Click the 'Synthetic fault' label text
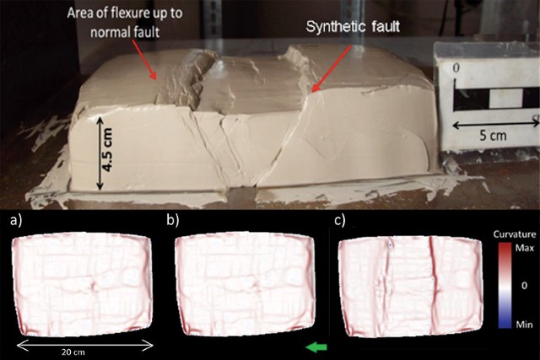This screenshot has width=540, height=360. point(353,26)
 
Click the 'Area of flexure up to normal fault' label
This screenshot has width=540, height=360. point(125,23)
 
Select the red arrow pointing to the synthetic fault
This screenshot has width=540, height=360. point(331,68)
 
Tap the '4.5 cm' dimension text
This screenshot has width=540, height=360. point(108,150)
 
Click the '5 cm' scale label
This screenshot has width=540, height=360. point(493,136)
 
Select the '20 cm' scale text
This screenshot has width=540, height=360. point(73,352)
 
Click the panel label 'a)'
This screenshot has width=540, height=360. point(16,220)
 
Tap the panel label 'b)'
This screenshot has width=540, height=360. point(172,220)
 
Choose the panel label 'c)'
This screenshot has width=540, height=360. point(339,220)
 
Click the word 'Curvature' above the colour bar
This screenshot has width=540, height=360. point(515,234)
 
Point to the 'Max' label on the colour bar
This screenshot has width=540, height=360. point(525,248)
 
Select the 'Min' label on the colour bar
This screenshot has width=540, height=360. point(524,325)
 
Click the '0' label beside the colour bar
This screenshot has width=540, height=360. point(524,285)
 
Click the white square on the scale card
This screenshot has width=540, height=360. point(506,98)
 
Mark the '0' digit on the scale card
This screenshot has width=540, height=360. point(456,67)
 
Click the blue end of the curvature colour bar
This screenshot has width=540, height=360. point(505,322)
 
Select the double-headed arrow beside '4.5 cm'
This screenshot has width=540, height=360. point(100,153)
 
